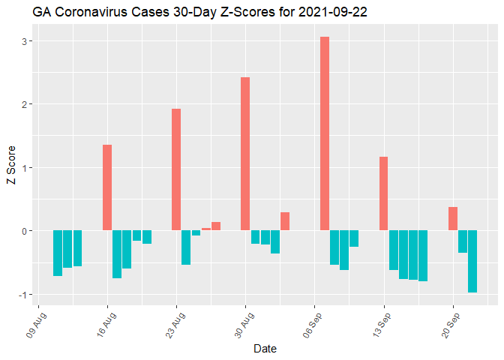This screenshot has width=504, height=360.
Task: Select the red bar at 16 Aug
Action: coord(107,187)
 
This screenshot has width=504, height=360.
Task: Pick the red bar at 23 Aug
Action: coord(176,169)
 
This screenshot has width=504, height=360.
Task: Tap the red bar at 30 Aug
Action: coord(245,154)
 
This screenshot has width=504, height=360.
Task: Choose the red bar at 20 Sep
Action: coord(453,218)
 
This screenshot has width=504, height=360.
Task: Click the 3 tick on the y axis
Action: coord(25,40)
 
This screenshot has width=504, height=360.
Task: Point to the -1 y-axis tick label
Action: coord(24,294)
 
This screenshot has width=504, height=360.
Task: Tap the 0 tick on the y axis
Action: coord(25,231)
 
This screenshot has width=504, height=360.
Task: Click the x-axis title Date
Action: coord(265,349)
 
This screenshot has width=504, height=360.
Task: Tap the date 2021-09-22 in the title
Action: coord(332,13)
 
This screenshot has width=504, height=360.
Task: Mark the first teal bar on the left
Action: coord(58,253)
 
